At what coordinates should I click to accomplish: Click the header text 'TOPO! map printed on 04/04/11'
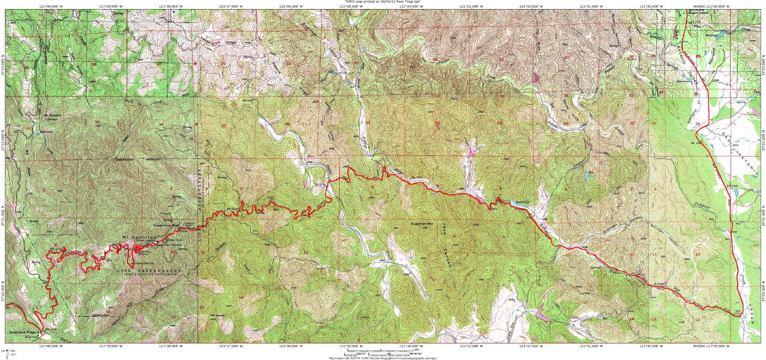[382, 2]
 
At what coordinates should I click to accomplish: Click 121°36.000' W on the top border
[290, 7]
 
